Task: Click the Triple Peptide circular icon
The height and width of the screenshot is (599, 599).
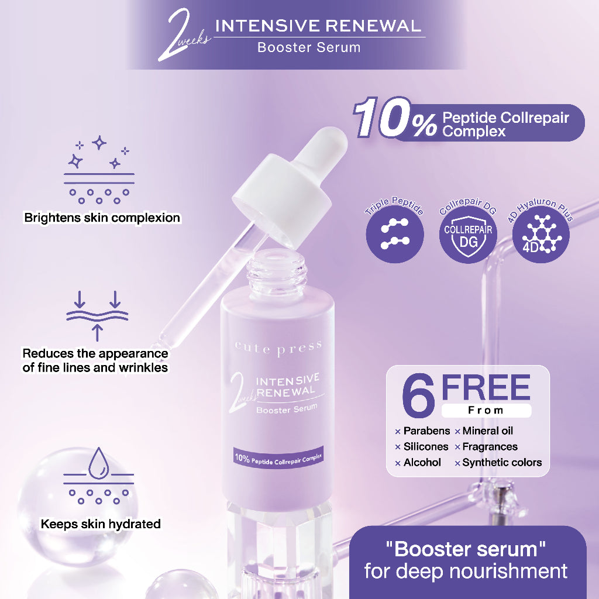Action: (395, 234)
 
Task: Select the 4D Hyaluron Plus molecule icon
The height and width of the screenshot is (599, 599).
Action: (541, 234)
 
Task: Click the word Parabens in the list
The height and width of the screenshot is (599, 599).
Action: (426, 431)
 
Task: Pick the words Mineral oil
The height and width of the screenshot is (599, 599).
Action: (487, 431)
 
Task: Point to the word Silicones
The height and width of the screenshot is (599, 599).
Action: (426, 446)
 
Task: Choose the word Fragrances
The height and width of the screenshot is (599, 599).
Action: (490, 446)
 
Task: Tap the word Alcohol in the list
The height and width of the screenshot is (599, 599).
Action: (422, 463)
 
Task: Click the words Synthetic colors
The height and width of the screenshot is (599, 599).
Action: (502, 463)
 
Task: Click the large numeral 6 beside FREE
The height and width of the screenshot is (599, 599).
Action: (419, 395)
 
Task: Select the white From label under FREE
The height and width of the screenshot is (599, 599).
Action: (486, 411)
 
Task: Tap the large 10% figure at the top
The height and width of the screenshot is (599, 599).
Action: (395, 118)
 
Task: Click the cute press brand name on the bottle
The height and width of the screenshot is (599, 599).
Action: (278, 348)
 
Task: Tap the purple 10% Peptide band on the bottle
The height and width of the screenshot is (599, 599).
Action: (278, 457)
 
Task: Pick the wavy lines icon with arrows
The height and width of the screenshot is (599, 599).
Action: (97, 316)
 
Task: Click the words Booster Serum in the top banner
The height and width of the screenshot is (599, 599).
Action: (309, 47)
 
